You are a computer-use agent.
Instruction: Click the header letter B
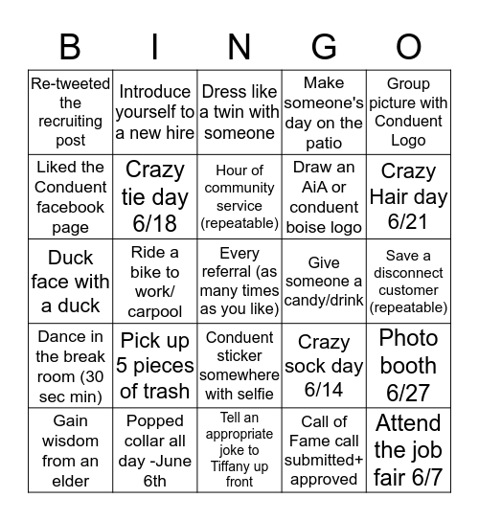(x=70, y=47)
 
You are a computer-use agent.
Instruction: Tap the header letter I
(x=154, y=47)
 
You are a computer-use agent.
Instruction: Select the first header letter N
(x=239, y=47)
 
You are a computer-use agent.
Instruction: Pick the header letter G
(x=324, y=47)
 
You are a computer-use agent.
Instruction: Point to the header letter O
(x=409, y=47)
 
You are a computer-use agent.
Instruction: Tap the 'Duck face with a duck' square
(x=70, y=282)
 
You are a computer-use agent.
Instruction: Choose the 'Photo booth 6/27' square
(x=409, y=366)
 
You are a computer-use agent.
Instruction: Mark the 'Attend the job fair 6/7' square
(x=409, y=450)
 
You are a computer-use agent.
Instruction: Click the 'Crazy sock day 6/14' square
(x=324, y=366)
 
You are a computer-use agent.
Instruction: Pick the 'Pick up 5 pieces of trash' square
(x=155, y=366)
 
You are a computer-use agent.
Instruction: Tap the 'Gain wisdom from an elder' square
(x=70, y=450)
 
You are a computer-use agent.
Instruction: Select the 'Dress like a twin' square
(x=239, y=113)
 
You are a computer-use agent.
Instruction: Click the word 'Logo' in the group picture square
(x=409, y=141)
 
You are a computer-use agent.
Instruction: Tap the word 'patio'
(x=324, y=143)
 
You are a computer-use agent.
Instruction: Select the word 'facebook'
(x=70, y=208)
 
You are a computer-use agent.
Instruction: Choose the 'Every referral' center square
(x=239, y=282)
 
